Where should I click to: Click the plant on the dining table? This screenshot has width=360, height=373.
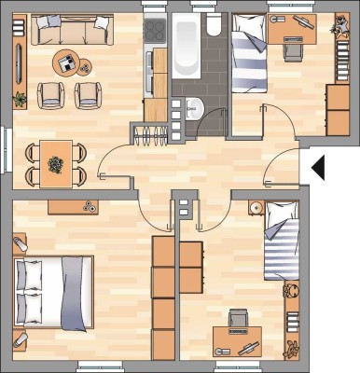tap(56, 163)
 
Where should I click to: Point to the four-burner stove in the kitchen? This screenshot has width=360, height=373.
tap(155, 34)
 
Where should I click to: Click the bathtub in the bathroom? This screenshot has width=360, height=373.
tap(185, 47)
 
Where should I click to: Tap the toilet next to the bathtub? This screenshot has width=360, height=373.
tap(215, 25)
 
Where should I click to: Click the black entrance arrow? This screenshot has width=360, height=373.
tap(317, 168)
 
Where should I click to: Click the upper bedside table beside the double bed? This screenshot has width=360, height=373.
tap(20, 244)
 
